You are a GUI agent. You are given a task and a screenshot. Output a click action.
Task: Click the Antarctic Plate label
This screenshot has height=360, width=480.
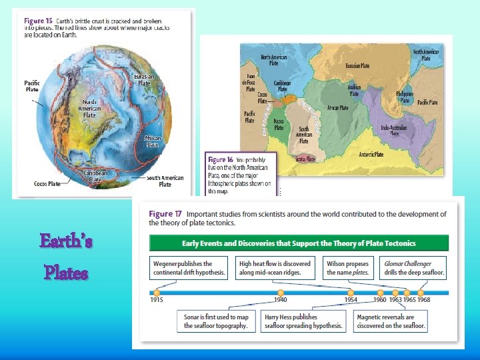coord(371,155)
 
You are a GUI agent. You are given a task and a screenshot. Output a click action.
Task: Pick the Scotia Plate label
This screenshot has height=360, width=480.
coord(306,159)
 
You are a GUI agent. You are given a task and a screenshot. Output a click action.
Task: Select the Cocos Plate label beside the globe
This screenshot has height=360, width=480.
coord(47,183)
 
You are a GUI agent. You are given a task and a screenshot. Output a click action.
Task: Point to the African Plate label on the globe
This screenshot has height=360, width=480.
coord(153,141)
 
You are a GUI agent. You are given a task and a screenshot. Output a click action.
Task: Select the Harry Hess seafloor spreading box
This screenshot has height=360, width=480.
coord(303,321)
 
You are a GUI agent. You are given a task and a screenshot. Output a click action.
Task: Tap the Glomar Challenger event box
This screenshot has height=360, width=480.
coord(413,268)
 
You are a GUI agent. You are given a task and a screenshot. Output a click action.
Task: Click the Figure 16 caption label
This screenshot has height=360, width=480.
coord(220,160)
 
